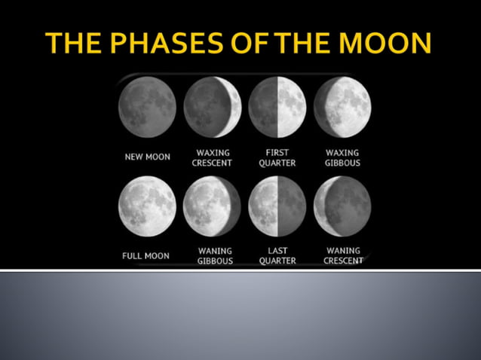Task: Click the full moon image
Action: pos(147,206)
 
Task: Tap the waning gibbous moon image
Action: pos(212,206)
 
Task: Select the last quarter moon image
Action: pos(277,206)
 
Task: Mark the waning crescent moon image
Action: pos(342,206)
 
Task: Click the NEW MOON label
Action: pos(147,157)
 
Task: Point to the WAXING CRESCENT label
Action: pos(212,157)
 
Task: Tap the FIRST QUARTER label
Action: pos(277,157)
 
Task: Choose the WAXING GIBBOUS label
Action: pos(342,157)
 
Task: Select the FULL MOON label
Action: pos(146,256)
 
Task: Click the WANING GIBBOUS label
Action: pos(215,256)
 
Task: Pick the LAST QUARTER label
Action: pos(277,256)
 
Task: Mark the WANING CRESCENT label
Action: pos(343,256)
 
